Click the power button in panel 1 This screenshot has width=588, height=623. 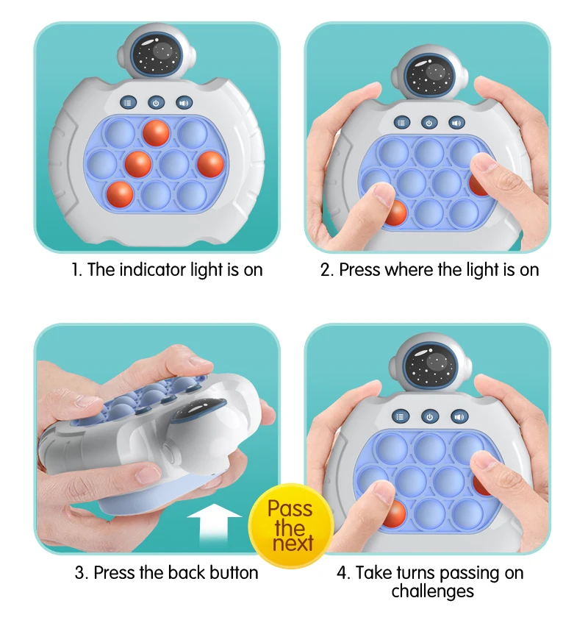coord(156,104)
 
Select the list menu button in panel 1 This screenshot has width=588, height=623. coord(129,104)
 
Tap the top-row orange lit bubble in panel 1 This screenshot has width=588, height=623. coord(156,133)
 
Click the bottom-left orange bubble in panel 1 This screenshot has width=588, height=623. coord(120,195)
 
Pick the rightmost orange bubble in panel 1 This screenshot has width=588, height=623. coord(209,163)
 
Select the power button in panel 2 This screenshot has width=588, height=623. coord(429,123)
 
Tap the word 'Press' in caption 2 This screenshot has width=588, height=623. coord(359,270)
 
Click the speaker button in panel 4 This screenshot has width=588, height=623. coord(459,416)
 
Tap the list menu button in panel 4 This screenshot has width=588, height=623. coord(401,416)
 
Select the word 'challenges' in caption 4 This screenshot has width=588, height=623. coord(432,591)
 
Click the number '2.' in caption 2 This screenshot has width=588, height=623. coord(327,270)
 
